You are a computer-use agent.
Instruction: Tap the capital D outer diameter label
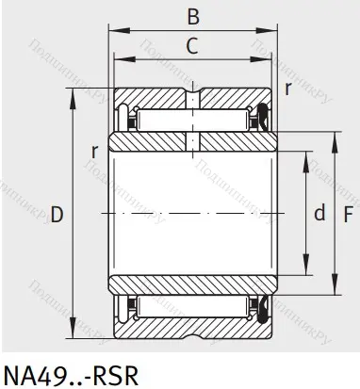tap(57, 216)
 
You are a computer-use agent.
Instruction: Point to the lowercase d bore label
tap(319, 214)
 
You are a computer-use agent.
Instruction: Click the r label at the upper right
tap(287, 90)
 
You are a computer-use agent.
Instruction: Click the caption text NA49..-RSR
tap(71, 373)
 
